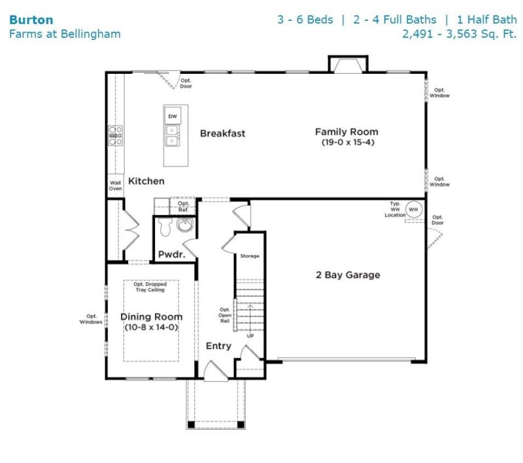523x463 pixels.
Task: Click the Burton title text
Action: pyautogui.click(x=31, y=20)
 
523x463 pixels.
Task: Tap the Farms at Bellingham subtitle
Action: pyautogui.click(x=65, y=34)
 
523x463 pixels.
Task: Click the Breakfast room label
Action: pyautogui.click(x=222, y=133)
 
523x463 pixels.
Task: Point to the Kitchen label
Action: pyautogui.click(x=146, y=180)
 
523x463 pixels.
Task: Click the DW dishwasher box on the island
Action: pyautogui.click(x=173, y=116)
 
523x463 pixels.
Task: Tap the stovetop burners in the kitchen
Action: pyautogui.click(x=116, y=136)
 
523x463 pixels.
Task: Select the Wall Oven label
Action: pyautogui.click(x=115, y=186)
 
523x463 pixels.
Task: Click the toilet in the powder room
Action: pyautogui.click(x=165, y=227)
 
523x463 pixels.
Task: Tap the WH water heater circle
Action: pyautogui.click(x=413, y=209)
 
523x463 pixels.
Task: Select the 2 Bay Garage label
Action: pyautogui.click(x=347, y=275)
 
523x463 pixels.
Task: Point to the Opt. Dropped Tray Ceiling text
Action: pyautogui.click(x=150, y=286)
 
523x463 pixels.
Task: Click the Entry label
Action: pyautogui.click(x=218, y=346)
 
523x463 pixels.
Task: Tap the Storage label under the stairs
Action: pyautogui.click(x=250, y=256)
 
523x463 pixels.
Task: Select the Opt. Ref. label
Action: pyautogui.click(x=183, y=207)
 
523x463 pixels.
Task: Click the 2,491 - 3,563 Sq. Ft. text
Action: pyautogui.click(x=460, y=34)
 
